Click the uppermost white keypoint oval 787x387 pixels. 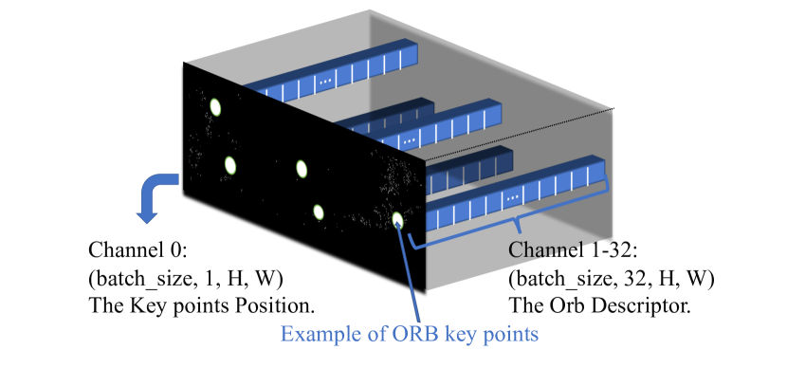pyautogui.click(x=214, y=107)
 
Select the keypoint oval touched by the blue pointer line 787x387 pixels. pyautogui.click(x=398, y=221)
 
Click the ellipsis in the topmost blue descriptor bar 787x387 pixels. pyautogui.click(x=325, y=83)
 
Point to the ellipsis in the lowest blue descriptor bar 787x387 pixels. pyautogui.click(x=513, y=198)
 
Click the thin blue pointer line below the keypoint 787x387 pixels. pyautogui.click(x=410, y=275)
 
